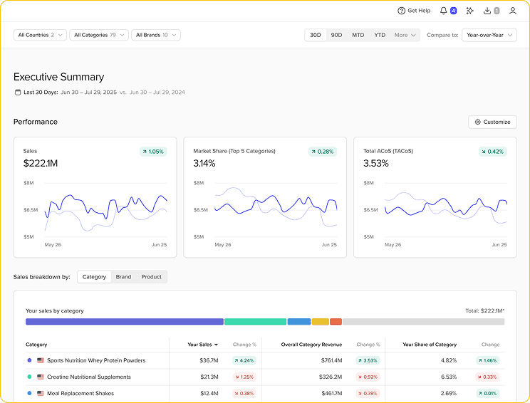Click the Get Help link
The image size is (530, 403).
click(x=414, y=11)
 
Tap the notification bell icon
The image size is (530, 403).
click(x=444, y=11)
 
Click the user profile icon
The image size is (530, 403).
click(x=513, y=11)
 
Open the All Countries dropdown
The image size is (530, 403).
click(x=40, y=35)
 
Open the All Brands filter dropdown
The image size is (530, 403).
click(x=155, y=35)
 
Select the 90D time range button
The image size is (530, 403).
click(x=336, y=35)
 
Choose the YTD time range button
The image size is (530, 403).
click(x=380, y=35)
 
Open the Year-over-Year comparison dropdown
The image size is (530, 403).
click(x=489, y=35)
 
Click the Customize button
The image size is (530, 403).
click(x=492, y=122)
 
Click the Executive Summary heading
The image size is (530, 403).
click(x=58, y=77)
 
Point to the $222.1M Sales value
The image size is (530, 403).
click(x=40, y=164)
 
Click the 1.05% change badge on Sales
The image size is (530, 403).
click(x=153, y=152)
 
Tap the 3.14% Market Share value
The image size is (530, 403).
click(x=205, y=164)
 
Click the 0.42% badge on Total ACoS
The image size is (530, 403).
click(x=492, y=152)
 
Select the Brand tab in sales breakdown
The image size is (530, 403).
click(x=123, y=277)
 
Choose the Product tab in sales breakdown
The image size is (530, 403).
click(x=151, y=277)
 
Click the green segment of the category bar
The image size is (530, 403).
click(x=255, y=322)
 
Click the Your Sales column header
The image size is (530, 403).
click(x=199, y=345)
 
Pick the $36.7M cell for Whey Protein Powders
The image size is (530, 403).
click(x=209, y=360)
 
